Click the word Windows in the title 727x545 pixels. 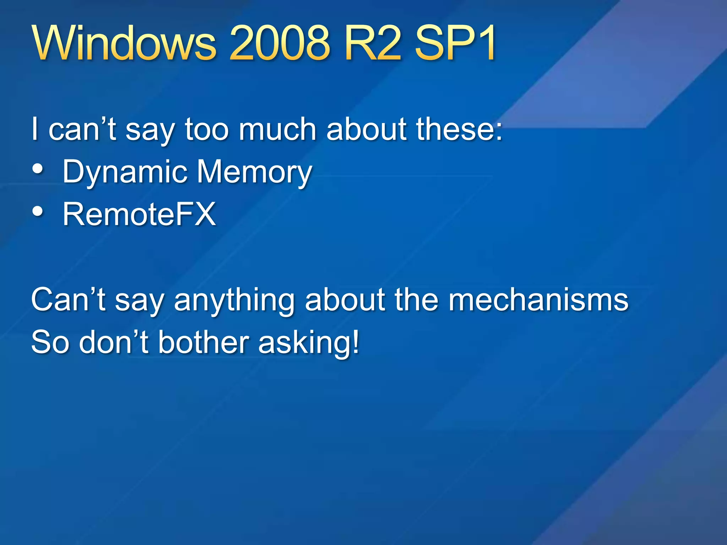tap(124, 43)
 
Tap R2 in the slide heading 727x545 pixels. tap(372, 43)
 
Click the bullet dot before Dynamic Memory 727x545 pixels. tap(38, 169)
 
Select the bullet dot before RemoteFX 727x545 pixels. tap(38, 211)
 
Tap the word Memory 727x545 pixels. tap(254, 172)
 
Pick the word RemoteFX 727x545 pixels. tap(139, 214)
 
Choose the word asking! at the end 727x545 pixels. tap(309, 343)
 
